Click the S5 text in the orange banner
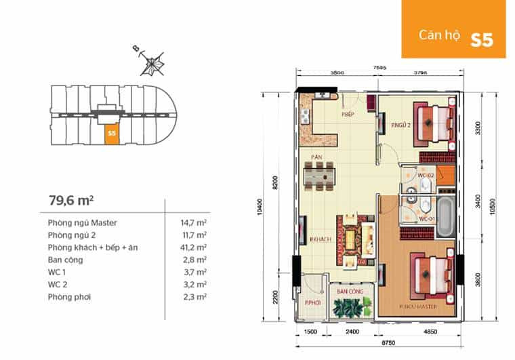pos(482,39)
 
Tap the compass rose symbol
pos(153,62)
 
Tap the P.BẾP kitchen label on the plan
pos(348,115)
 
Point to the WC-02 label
pos(425,176)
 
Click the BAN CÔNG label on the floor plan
pos(350,291)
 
